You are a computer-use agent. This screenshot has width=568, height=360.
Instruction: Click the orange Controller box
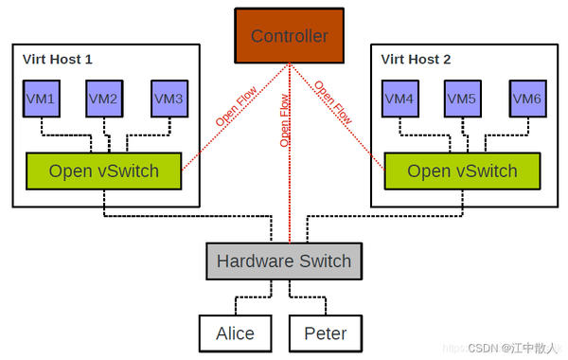click(289, 37)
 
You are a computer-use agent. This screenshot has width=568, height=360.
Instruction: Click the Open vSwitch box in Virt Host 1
click(103, 171)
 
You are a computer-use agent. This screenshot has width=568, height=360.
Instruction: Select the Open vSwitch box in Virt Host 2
click(462, 171)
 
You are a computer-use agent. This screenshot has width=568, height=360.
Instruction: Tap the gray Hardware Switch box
click(283, 261)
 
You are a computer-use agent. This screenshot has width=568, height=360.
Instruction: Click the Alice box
click(234, 333)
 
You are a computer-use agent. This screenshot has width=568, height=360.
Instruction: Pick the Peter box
click(325, 333)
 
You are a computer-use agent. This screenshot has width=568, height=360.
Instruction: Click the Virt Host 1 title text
click(57, 59)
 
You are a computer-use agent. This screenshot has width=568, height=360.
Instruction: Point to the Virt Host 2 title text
click(416, 59)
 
